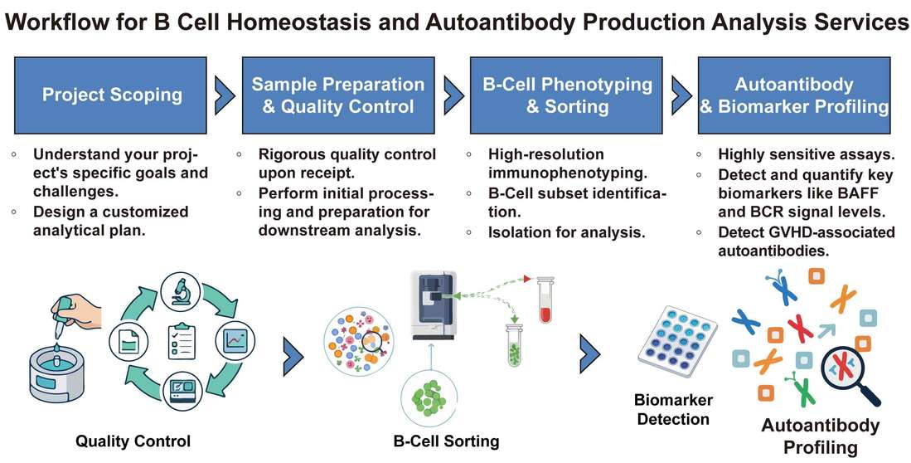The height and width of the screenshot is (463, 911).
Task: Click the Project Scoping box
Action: (x=112, y=95)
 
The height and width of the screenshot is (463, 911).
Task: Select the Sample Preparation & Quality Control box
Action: (x=337, y=95)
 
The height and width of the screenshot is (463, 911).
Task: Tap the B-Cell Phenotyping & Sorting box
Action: (x=568, y=95)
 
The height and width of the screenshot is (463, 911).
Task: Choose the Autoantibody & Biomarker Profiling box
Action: (x=794, y=95)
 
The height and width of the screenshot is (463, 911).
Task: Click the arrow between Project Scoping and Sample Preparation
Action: (x=223, y=95)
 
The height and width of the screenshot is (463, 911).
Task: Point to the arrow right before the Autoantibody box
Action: (x=681, y=95)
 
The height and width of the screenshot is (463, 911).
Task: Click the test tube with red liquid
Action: (x=545, y=301)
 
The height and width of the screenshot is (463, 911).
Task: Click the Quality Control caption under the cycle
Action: (x=133, y=441)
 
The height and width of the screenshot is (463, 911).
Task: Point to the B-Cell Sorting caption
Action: (x=446, y=441)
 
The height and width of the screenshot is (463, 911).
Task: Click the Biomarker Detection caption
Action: (x=673, y=409)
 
